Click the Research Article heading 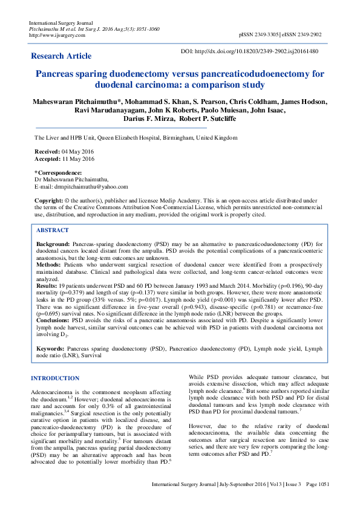click(61, 56)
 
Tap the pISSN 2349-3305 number click(260, 35)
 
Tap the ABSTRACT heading click(52, 230)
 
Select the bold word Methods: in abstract click(49, 264)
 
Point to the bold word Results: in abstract click(48, 286)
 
